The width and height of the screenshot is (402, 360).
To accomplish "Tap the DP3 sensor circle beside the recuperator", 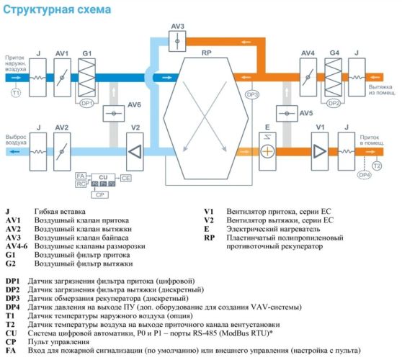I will pos(252,95).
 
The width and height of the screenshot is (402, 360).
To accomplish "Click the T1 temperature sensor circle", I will pos(14,92).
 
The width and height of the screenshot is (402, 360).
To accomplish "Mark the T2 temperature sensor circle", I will pos(377,166).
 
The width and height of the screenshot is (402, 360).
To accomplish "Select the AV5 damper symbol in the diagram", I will pos(286,114).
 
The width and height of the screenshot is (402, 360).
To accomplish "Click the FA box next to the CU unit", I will pos(81,176).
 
